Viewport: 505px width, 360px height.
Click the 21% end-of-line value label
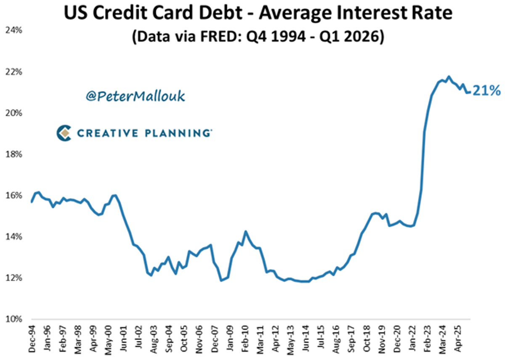click(x=486, y=90)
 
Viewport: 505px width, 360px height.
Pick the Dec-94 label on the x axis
click(x=32, y=340)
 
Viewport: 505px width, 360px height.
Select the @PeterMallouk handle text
click(x=135, y=96)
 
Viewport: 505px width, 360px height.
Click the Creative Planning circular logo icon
click(x=64, y=133)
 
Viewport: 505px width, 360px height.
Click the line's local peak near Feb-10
click(x=246, y=231)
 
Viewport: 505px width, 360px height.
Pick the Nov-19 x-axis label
click(x=383, y=340)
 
